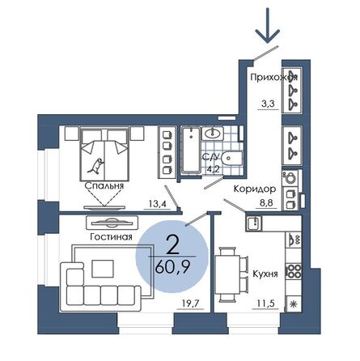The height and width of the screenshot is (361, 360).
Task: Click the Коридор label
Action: (x=249, y=188)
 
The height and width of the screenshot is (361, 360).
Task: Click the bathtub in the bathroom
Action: (x=191, y=151)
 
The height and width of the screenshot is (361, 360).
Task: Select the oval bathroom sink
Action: (x=214, y=134)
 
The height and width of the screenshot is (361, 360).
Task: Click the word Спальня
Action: (x=104, y=186)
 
